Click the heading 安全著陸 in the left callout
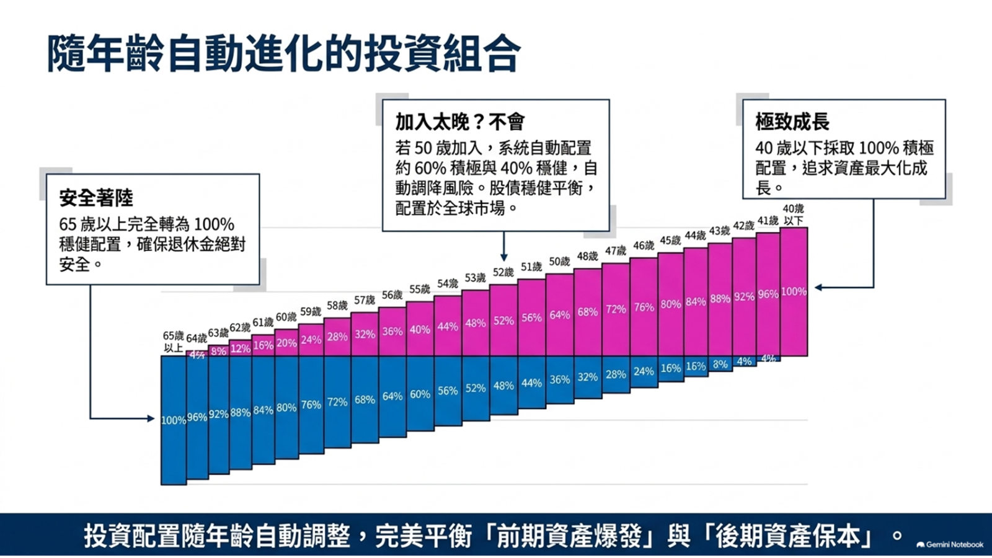click(x=96, y=198)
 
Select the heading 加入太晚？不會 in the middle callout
click(x=459, y=122)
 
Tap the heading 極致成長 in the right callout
click(x=792, y=122)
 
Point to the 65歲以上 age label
click(x=173, y=342)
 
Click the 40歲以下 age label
click(x=793, y=215)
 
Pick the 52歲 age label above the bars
click(x=503, y=272)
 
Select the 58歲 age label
click(x=337, y=306)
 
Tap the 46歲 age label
click(x=644, y=246)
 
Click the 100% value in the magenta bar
click(x=794, y=291)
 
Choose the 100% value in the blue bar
click(x=174, y=420)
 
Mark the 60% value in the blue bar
click(x=420, y=394)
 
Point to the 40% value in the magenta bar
click(x=420, y=329)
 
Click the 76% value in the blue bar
click(x=311, y=405)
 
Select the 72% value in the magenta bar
click(x=616, y=309)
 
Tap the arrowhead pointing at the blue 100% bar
click(x=151, y=418)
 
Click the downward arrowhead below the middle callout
click(x=503, y=258)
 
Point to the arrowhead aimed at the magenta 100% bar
click(x=818, y=288)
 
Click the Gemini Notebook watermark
click(x=950, y=544)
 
